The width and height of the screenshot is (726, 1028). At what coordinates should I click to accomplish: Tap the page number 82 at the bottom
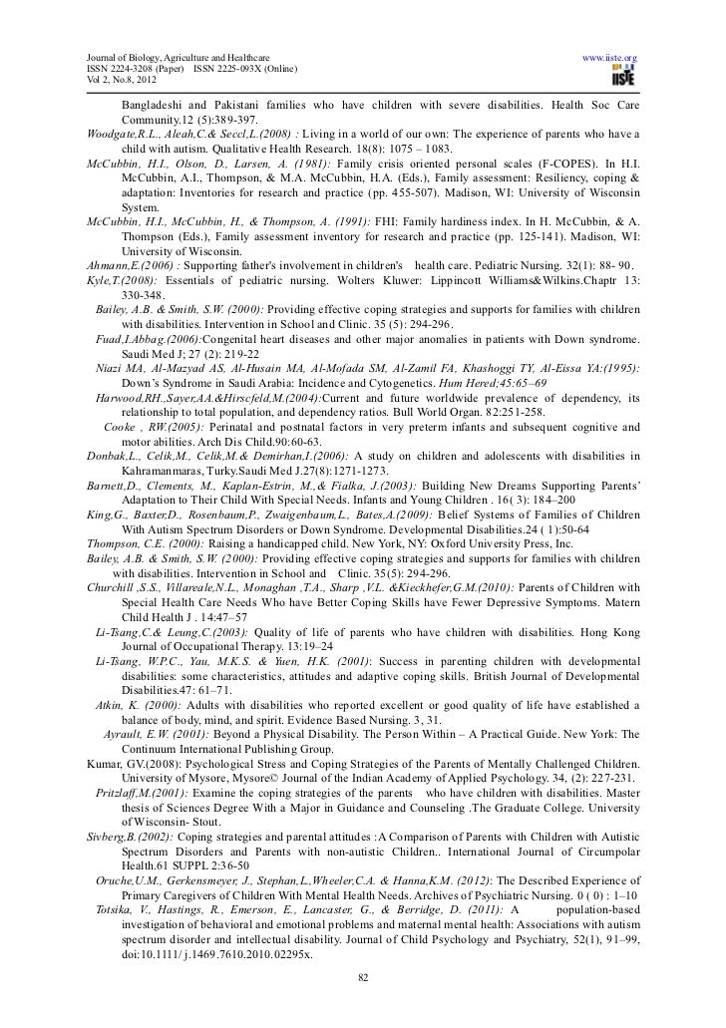click(363, 1003)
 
